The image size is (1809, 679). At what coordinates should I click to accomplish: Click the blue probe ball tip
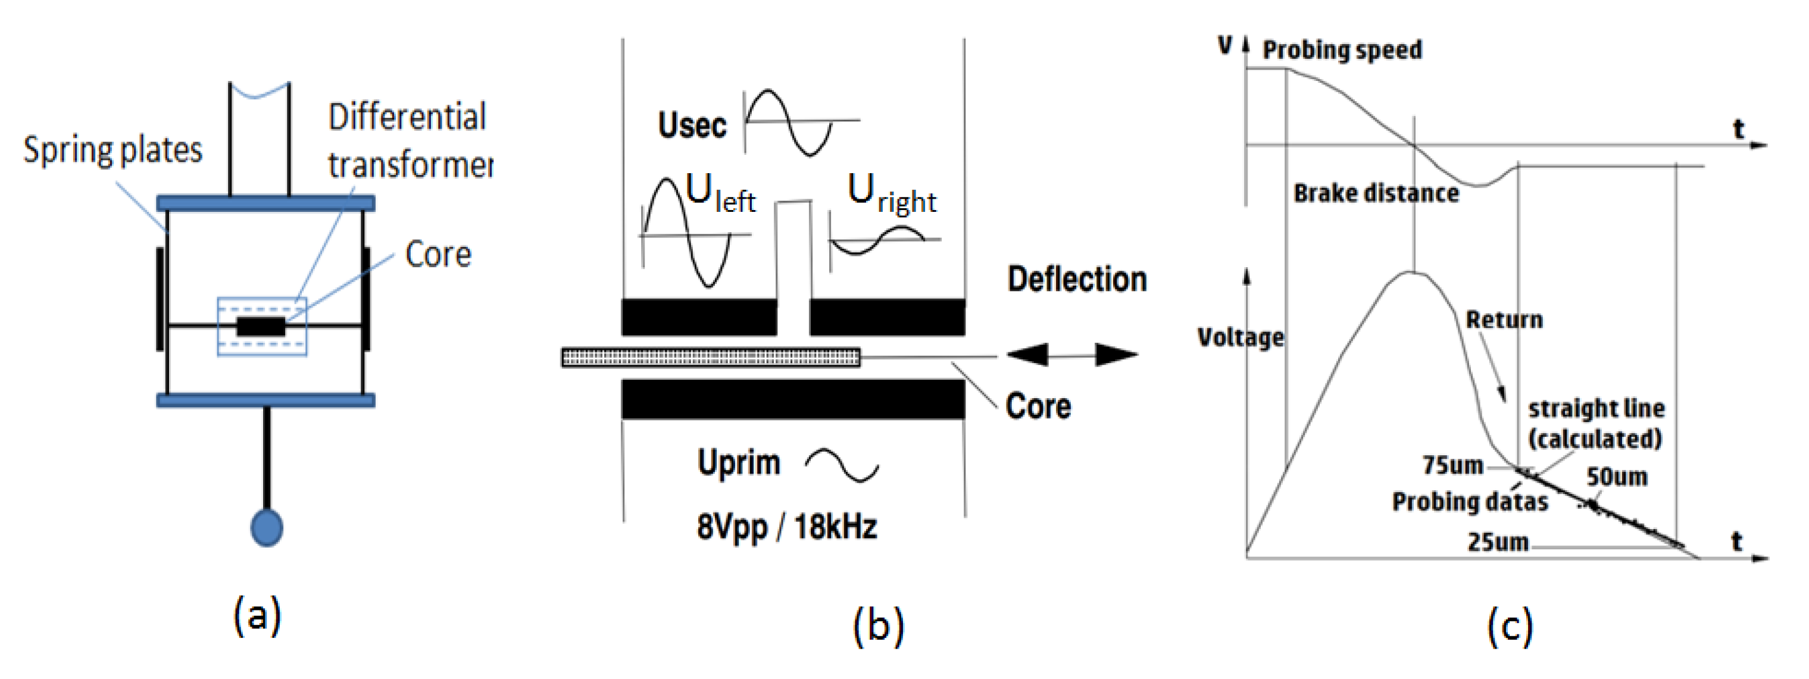click(x=267, y=527)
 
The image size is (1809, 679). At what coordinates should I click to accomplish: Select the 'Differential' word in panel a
click(x=407, y=117)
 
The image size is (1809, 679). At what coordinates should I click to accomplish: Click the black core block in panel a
click(x=261, y=327)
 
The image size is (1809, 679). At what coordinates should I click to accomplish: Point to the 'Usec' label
click(x=692, y=126)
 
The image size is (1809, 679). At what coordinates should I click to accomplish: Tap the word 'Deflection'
click(x=1077, y=280)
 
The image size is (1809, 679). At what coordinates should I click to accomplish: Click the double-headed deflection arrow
click(x=1072, y=355)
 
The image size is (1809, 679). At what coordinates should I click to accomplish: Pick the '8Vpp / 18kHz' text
click(x=786, y=527)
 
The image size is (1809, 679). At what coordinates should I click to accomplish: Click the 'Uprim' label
click(x=739, y=463)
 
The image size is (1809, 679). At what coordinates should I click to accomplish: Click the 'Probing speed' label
click(x=1342, y=50)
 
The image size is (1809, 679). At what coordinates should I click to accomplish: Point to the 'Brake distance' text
click(x=1376, y=193)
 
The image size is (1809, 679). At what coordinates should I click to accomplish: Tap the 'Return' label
click(x=1504, y=320)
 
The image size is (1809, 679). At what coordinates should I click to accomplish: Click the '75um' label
click(x=1452, y=465)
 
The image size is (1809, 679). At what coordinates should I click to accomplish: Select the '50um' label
click(x=1617, y=477)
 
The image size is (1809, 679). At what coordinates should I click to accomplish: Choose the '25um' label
click(x=1498, y=542)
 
